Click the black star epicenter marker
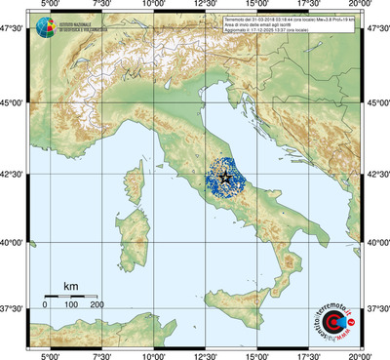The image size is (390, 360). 225,177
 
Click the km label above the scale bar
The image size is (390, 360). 70,286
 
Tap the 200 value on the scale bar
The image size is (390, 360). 97,304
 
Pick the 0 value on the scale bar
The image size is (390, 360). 45,304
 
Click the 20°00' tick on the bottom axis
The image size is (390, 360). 361,354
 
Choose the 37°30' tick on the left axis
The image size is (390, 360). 14,308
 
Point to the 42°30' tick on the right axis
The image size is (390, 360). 377,175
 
